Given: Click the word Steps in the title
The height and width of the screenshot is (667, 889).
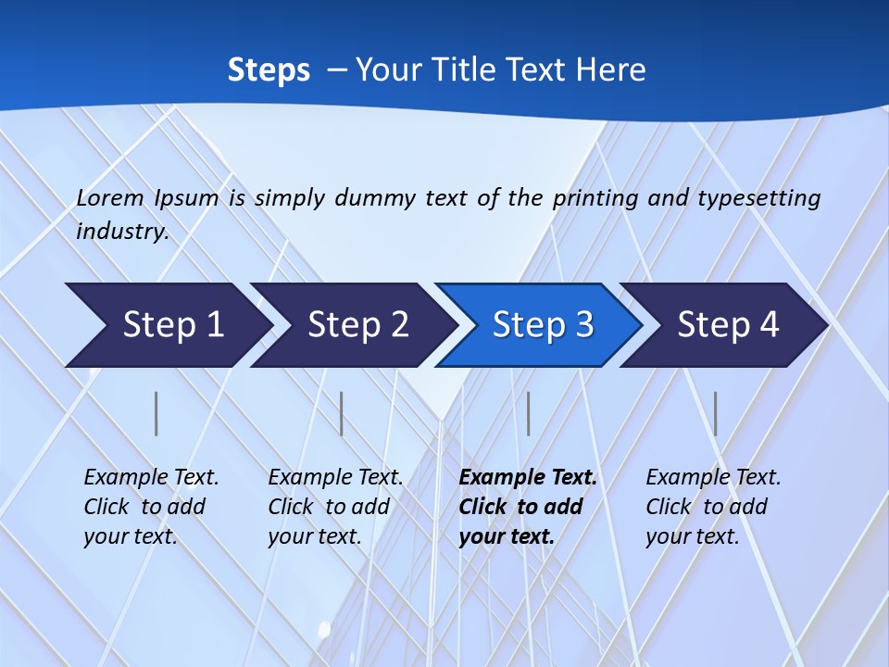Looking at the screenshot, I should point(269,70).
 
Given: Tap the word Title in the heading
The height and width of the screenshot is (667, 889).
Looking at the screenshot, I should point(465,70).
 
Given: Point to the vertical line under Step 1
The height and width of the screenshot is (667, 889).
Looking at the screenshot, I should point(157,413).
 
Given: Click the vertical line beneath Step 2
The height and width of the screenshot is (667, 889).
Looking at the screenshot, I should point(342,413).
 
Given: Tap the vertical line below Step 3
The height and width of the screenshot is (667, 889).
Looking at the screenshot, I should point(528,413).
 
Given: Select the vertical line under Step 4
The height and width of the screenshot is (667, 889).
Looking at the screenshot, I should point(715,413).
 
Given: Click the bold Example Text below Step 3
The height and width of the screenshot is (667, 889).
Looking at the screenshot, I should point(527,507).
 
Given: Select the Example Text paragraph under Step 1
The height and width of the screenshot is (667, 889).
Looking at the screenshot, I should point(151,507).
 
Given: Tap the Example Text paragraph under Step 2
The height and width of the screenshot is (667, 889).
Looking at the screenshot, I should point(335,507).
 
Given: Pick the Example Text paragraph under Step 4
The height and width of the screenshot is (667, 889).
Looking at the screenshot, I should point(713,507).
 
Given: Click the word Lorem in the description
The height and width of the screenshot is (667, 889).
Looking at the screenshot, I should point(110,198).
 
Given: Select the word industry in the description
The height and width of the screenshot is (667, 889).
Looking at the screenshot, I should point(121,232).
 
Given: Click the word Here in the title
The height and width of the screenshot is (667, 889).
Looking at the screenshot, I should point(609,70).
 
